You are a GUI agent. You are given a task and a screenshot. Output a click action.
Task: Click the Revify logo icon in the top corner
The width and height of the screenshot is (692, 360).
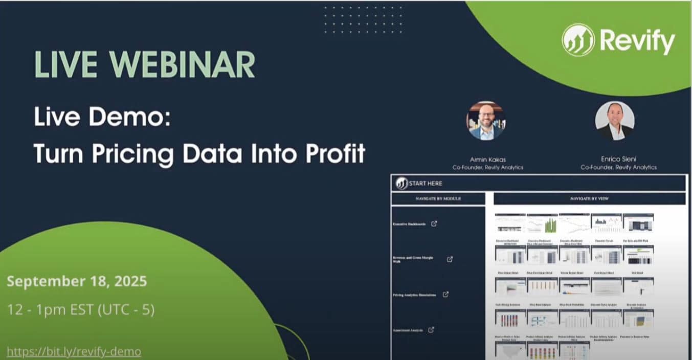(x=578, y=40)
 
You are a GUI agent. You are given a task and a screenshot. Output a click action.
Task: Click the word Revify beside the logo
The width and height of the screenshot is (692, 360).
(x=637, y=41)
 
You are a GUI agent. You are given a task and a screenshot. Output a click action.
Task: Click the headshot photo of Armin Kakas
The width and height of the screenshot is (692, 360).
(x=485, y=121)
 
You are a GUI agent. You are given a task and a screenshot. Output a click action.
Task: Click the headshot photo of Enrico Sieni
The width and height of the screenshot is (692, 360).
(x=614, y=121)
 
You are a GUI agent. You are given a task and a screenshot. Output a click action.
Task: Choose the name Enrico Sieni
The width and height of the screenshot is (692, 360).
(x=618, y=159)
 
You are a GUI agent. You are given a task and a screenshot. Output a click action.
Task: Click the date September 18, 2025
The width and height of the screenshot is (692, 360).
(x=77, y=281)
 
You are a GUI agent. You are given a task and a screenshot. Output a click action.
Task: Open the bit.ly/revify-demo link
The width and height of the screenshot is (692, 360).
(x=74, y=352)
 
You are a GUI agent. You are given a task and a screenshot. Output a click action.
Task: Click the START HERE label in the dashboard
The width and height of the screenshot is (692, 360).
(x=425, y=183)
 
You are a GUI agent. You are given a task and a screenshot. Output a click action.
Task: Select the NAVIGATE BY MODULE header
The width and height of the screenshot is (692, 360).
(x=438, y=198)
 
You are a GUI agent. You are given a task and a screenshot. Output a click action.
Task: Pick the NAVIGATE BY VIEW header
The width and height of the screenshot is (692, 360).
(x=589, y=198)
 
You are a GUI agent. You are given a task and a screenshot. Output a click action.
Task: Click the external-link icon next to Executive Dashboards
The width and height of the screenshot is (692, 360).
(x=434, y=223)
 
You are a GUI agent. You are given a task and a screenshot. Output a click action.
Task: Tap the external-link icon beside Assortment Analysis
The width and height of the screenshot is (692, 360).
(x=431, y=330)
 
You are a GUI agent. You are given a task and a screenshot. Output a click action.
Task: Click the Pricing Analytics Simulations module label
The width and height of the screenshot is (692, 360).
(x=414, y=295)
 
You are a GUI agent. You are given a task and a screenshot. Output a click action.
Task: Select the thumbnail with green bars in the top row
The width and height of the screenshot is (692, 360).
(x=542, y=223)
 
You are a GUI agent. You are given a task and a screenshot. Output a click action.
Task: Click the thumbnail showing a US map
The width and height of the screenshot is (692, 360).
(x=510, y=351)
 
